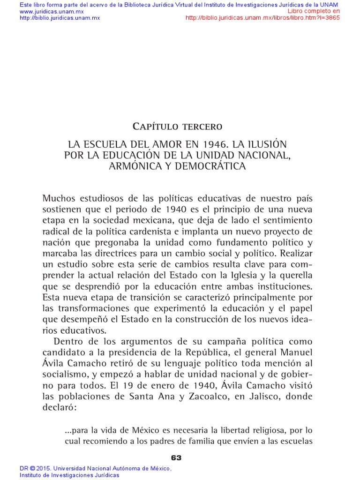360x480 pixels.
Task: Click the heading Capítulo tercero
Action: pos(177,126)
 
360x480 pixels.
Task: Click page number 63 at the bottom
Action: pos(176,457)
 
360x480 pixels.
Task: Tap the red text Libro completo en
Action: pos(314,11)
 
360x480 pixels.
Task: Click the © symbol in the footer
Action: pos(32,468)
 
